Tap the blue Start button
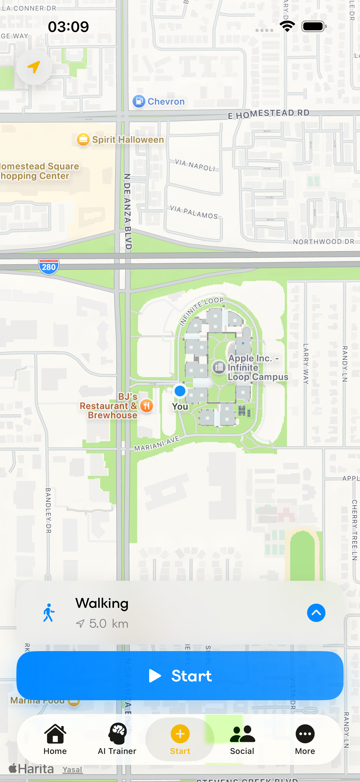tap(180, 675)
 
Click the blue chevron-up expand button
tap(316, 613)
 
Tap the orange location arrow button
tap(34, 67)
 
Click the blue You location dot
tap(180, 391)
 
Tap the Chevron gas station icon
tap(139, 101)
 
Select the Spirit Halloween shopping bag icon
tap(83, 139)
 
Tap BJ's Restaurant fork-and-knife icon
tap(147, 405)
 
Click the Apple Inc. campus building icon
tap(218, 367)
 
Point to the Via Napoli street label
tap(195, 165)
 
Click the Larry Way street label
tap(306, 364)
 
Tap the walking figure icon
tap(49, 613)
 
